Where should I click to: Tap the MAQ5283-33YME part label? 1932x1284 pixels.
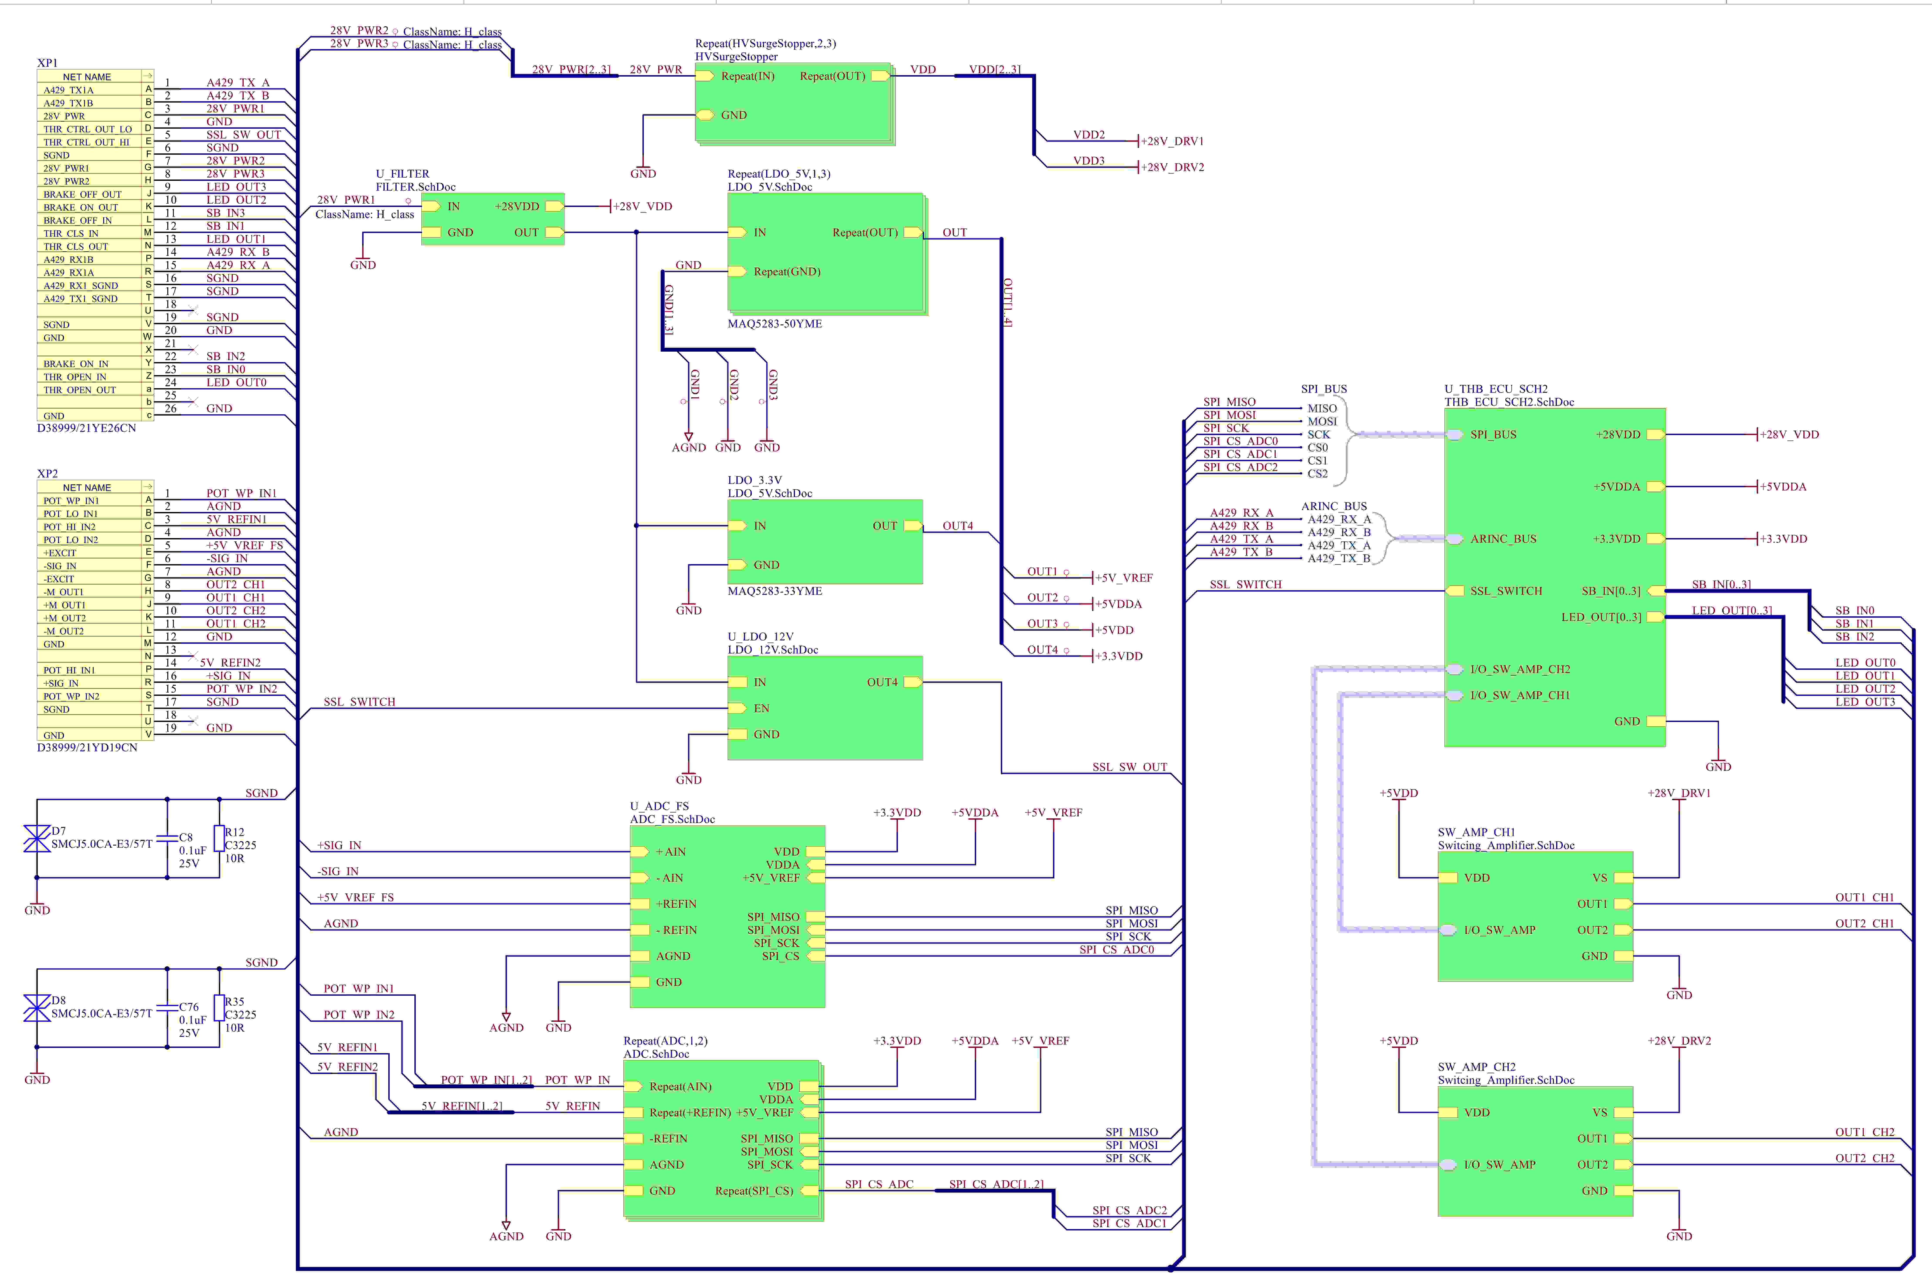pyautogui.click(x=774, y=591)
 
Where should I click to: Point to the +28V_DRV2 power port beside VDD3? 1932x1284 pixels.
pyautogui.click(x=1171, y=167)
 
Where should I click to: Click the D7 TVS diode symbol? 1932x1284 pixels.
pyautogui.click(x=37, y=839)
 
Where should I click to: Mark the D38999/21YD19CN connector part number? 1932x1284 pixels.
pyautogui.click(x=87, y=748)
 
